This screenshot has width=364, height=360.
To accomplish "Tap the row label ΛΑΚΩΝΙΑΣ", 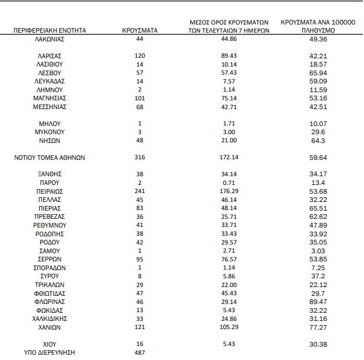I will [x=50, y=39].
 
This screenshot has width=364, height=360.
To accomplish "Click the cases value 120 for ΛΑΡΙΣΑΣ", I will [x=140, y=56].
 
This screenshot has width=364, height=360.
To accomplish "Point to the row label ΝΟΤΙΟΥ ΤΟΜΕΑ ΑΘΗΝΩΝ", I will [x=50, y=158].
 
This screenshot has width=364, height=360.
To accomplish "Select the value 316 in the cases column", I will [x=140, y=158].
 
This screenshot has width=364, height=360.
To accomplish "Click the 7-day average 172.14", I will [x=229, y=158].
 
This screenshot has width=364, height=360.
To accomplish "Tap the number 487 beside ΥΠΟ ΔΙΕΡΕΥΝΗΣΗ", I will [x=140, y=353].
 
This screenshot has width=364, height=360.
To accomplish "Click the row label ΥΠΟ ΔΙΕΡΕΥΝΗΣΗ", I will [x=50, y=353].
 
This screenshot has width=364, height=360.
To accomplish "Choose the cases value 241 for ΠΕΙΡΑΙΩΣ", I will [x=140, y=191].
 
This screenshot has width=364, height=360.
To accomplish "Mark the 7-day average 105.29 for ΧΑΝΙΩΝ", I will [x=229, y=328].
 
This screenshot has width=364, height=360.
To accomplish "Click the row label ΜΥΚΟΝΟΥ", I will [x=50, y=132].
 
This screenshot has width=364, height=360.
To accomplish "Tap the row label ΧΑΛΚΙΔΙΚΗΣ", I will [x=50, y=319].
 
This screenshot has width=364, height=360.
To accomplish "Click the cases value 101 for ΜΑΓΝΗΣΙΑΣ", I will [x=140, y=99].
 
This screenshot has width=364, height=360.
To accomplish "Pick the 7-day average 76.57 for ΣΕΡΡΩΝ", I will [x=229, y=260].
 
